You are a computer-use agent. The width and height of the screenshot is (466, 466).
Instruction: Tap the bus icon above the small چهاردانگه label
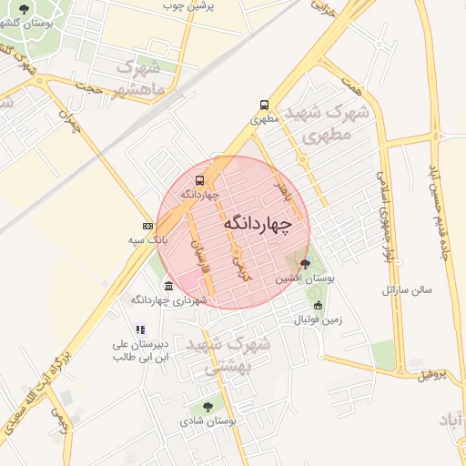[x=200, y=178]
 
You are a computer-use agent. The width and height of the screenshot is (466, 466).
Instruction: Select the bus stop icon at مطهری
[x=264, y=104]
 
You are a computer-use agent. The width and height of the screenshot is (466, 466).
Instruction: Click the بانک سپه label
[x=147, y=239]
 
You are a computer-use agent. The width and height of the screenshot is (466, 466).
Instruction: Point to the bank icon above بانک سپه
[x=147, y=226]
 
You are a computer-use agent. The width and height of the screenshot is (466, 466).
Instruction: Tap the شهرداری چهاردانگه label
[x=159, y=299]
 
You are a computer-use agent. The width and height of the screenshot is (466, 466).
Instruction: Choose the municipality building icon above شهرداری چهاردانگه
[x=169, y=286]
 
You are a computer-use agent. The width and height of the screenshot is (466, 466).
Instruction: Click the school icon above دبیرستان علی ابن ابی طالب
[x=139, y=329]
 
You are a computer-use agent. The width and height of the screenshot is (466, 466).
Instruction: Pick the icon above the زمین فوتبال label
[x=317, y=305]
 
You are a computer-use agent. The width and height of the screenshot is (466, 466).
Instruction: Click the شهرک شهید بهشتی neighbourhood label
[x=228, y=356]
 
